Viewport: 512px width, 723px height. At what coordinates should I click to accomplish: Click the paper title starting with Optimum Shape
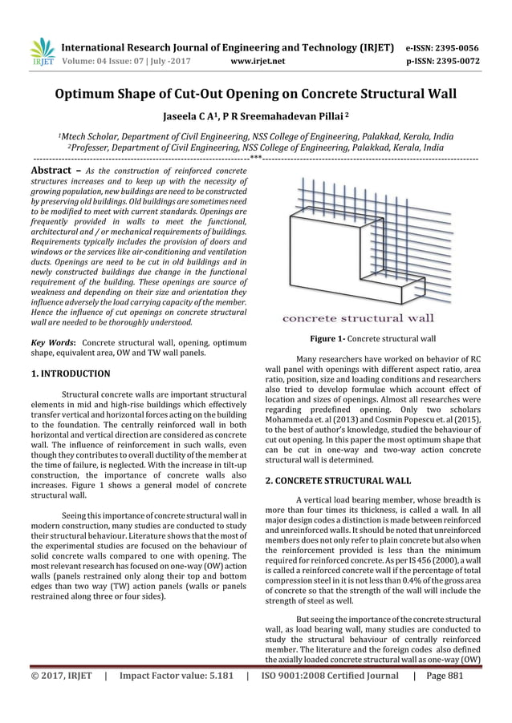pyautogui.click(x=255, y=95)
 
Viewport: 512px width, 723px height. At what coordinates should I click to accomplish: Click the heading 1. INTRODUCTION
pyautogui.click(x=70, y=373)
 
